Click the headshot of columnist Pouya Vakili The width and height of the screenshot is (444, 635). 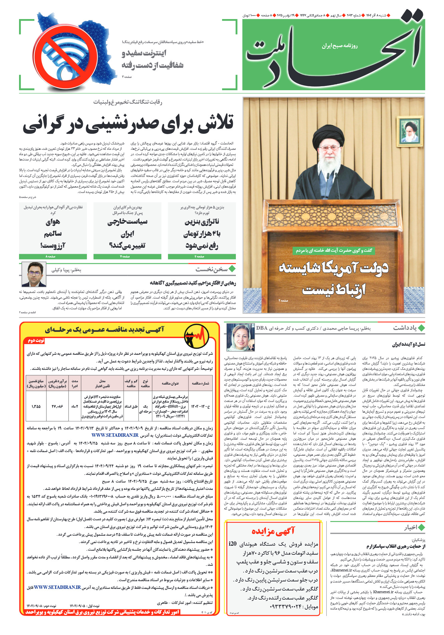34,275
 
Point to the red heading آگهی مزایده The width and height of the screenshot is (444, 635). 273,531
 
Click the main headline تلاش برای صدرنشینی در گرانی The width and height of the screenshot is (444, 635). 128,123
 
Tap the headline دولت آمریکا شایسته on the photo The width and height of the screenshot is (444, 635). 333,268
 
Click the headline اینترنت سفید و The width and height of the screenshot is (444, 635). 144,53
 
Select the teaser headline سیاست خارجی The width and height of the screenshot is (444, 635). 127,222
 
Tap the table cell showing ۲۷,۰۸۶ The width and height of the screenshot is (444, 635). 57,406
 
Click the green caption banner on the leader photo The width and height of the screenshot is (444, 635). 334,250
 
